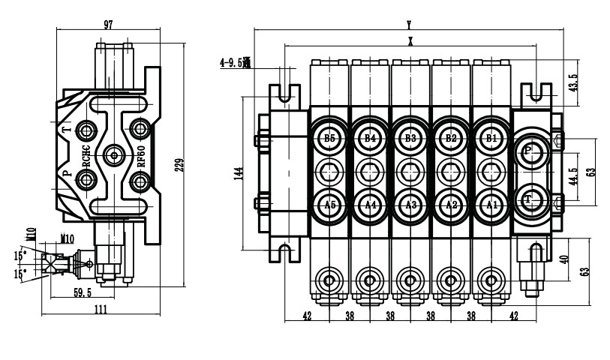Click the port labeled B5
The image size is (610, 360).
[x=329, y=137]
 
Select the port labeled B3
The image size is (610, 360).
[x=410, y=137]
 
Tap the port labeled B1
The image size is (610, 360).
[x=491, y=137]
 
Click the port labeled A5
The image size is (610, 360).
[x=329, y=204]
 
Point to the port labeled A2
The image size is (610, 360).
[x=451, y=204]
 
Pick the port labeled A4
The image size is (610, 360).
[x=370, y=204]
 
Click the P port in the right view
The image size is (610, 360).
[x=529, y=150]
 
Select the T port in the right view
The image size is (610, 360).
[x=529, y=199]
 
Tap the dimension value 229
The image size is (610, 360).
[x=179, y=165]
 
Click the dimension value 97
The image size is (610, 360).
[x=108, y=25]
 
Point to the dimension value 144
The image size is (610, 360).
[x=239, y=173]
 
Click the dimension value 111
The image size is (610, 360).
[x=101, y=309]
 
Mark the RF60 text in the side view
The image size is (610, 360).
[x=141, y=157]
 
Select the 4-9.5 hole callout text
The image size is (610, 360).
[x=235, y=64]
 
